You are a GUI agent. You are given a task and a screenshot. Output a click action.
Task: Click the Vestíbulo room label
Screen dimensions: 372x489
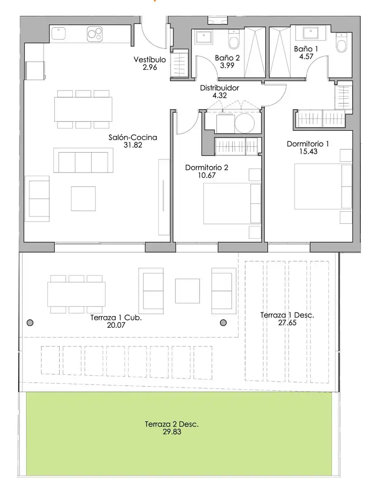pyautogui.click(x=150, y=59)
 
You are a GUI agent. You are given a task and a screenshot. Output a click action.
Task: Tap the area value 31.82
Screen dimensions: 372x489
pyautogui.click(x=133, y=145)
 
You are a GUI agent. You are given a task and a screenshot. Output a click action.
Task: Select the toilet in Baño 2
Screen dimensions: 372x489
pyautogui.click(x=234, y=39)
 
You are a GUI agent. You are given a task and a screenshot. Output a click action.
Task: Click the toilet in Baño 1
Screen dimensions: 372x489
pyautogui.click(x=341, y=43)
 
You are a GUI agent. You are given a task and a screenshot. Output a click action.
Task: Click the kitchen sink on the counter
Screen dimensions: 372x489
pyautogui.click(x=58, y=34)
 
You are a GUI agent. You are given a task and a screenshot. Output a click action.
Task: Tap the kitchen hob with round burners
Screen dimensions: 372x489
pyautogui.click(x=95, y=34)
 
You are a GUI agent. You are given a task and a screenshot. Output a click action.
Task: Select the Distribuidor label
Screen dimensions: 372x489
pyautogui.click(x=219, y=88)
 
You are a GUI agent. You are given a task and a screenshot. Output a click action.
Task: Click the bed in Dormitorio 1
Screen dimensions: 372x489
pyautogui.click(x=323, y=187)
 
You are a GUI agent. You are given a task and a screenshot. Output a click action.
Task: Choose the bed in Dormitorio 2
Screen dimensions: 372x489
pyautogui.click(x=232, y=204)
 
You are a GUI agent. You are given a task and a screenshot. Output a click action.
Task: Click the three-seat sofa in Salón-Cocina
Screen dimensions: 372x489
pyautogui.click(x=83, y=160)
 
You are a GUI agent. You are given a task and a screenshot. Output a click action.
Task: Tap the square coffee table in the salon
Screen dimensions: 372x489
pyautogui.click(x=83, y=199)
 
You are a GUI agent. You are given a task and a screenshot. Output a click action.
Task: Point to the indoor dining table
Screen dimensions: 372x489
pyautogui.click(x=83, y=109)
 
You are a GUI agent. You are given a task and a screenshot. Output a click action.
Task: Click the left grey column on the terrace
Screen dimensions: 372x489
pyautogui.click(x=30, y=323)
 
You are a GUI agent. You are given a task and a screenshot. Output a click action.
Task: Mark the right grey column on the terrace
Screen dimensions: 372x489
pyautogui.click(x=223, y=323)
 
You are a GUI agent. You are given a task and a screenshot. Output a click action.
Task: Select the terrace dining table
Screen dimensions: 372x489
pyautogui.click(x=76, y=294)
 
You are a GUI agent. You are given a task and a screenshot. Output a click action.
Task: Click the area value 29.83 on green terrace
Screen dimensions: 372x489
pyautogui.click(x=172, y=432)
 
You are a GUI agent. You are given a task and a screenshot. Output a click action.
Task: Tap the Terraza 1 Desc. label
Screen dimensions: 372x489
pyautogui.click(x=287, y=315)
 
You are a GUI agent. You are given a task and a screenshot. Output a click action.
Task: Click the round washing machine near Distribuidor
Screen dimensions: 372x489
pyautogui.click(x=245, y=123)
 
